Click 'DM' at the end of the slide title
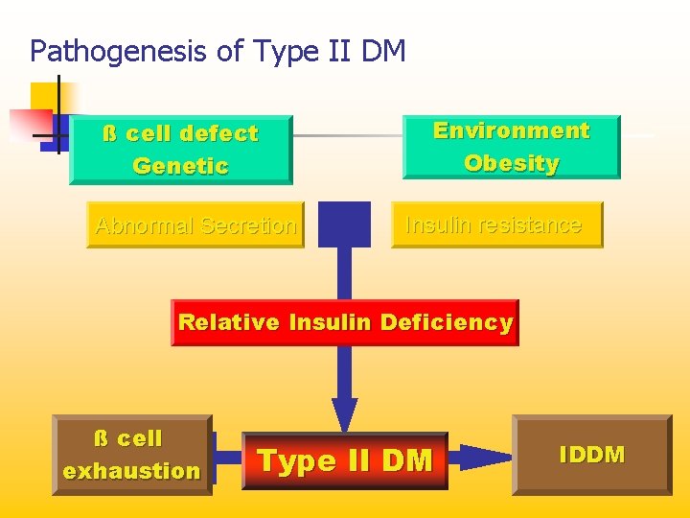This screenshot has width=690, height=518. click(384, 50)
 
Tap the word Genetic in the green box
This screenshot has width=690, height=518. click(180, 166)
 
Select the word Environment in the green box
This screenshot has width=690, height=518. click(511, 130)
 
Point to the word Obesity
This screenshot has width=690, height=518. click(511, 163)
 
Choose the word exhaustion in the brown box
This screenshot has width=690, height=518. click(131, 471)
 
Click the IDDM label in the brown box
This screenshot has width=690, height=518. click(591, 455)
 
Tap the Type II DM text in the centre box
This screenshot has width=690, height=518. click(345, 461)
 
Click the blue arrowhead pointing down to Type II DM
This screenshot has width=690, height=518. click(344, 414)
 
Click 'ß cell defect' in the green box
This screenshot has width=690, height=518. click(180, 133)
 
